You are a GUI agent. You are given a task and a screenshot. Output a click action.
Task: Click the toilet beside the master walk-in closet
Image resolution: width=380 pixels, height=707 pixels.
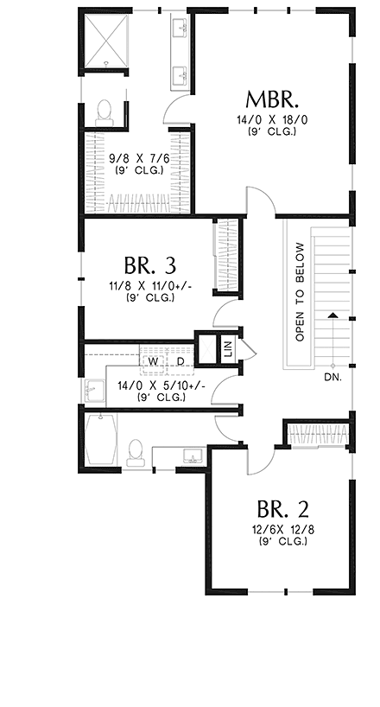point(105,110)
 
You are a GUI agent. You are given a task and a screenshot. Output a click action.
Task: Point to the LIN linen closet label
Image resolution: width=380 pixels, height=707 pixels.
point(228,349)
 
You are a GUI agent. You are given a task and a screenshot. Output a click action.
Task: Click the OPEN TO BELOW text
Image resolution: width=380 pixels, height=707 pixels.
point(300,292)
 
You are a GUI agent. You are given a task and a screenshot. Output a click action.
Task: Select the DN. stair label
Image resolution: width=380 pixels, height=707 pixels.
point(332,378)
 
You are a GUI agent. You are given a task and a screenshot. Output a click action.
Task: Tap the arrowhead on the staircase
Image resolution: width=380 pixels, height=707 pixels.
point(332,316)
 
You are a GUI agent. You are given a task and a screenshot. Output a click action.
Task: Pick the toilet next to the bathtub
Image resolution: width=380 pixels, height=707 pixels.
point(135,452)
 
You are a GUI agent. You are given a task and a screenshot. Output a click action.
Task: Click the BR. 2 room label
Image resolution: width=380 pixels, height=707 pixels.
point(277,507)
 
